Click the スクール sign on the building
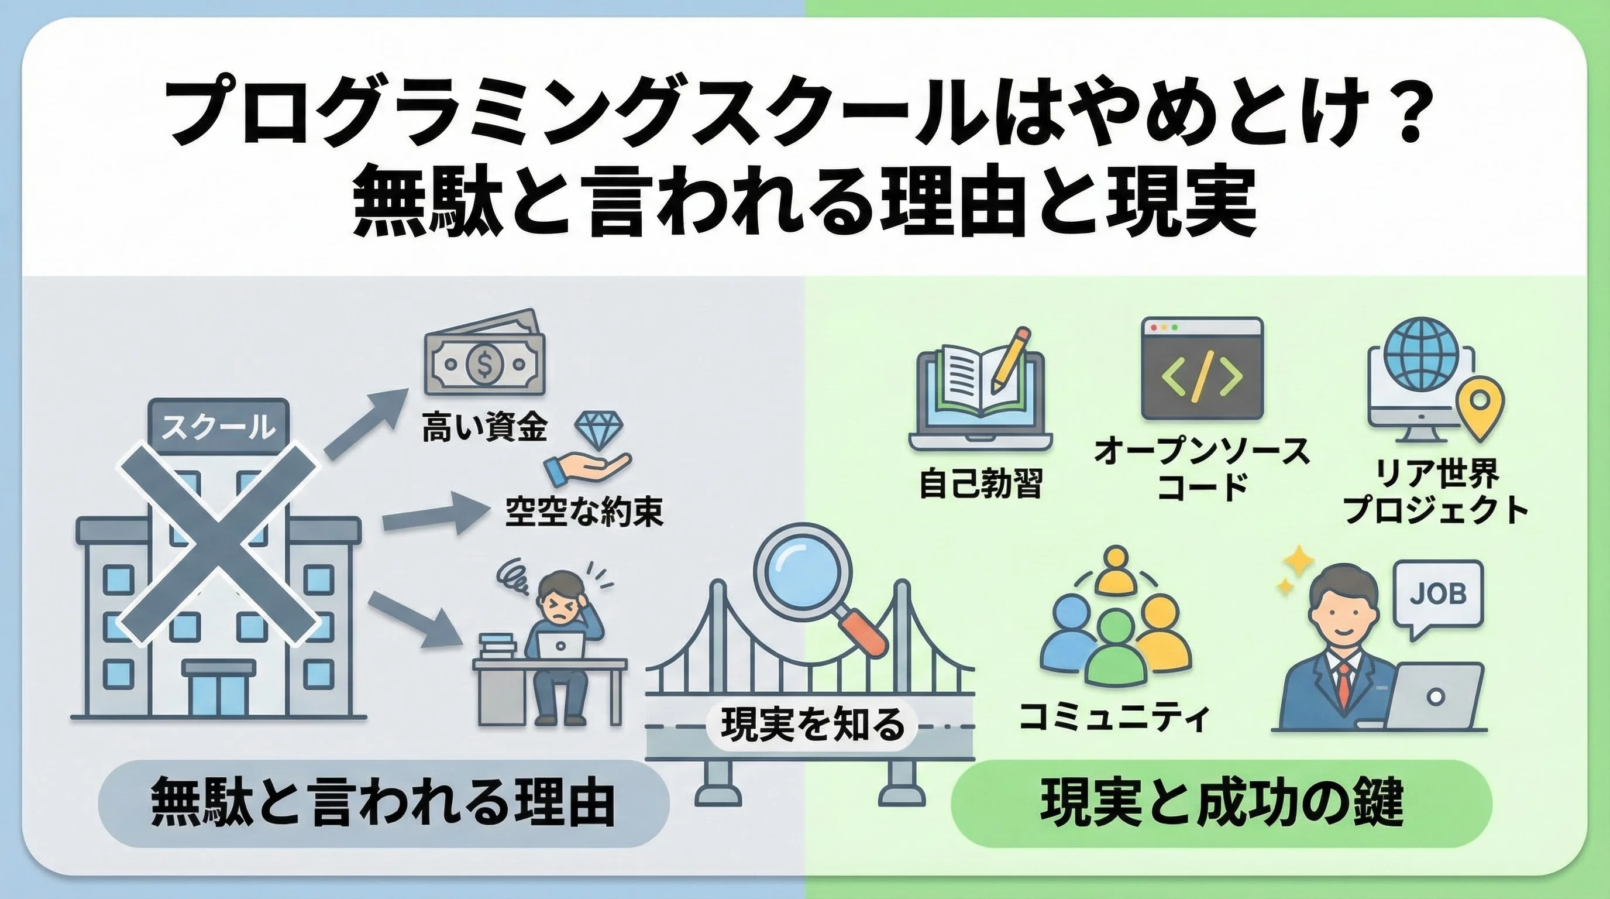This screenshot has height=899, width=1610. [x=218, y=428]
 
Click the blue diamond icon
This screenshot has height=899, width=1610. [x=598, y=430]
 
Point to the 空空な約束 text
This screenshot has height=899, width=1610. [x=584, y=512]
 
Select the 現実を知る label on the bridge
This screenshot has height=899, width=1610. [x=813, y=725]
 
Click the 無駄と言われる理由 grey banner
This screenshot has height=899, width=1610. [x=383, y=804]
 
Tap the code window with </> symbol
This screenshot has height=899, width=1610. [x=1202, y=368]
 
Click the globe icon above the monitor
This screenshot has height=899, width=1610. [x=1420, y=354]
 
